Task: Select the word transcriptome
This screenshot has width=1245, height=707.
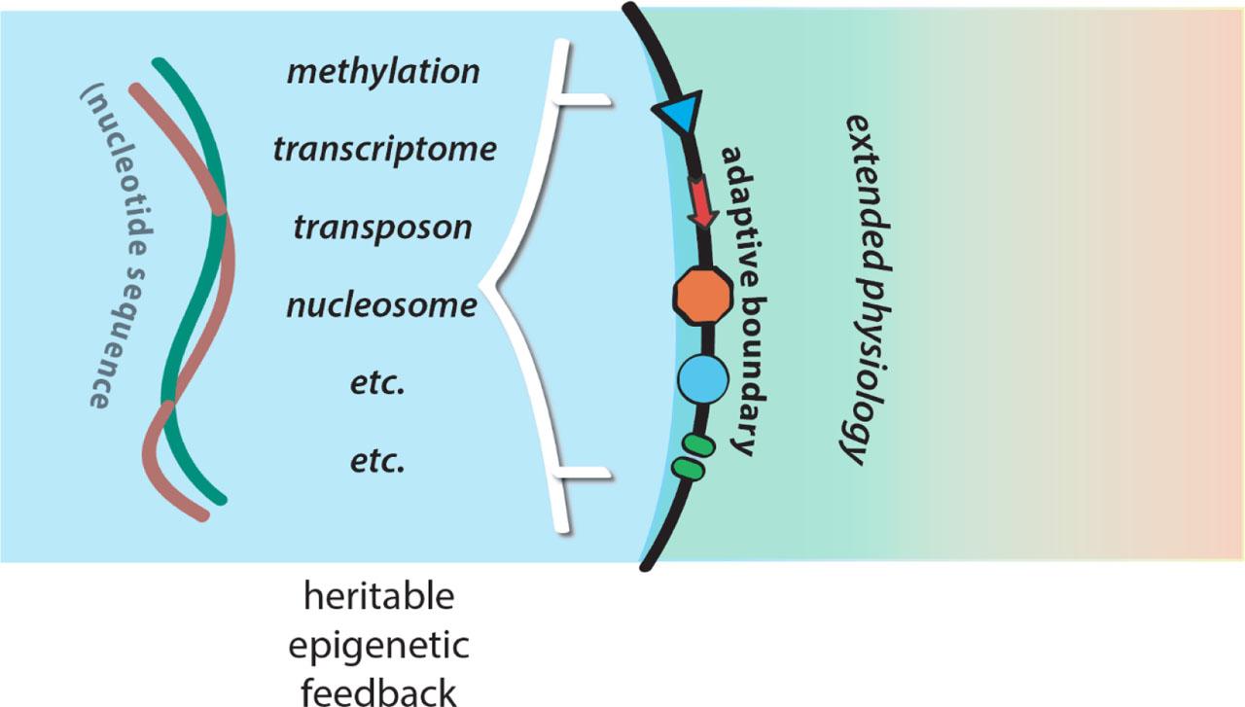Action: tap(384, 150)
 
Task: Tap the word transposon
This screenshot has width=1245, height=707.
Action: tap(383, 227)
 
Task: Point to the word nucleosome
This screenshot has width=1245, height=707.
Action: tap(382, 305)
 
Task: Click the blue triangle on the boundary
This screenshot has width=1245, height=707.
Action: tap(675, 120)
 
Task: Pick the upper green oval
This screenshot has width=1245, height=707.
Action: tap(697, 445)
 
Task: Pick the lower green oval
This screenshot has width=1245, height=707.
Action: tap(688, 469)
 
